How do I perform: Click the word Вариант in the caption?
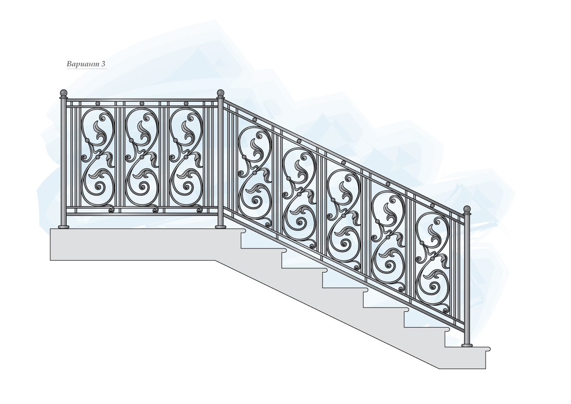[x=82, y=64]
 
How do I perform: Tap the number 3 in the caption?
[x=104, y=64]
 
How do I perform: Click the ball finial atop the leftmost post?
[x=63, y=92]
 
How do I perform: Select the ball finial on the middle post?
[x=221, y=92]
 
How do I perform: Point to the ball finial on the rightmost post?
[x=466, y=209]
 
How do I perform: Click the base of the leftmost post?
[x=63, y=226]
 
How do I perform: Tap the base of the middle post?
[x=221, y=226]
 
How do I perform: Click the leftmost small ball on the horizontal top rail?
[x=98, y=103]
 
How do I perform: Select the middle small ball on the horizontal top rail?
[x=142, y=103]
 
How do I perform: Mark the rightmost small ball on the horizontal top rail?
[x=186, y=103]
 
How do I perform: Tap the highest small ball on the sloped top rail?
[x=255, y=120]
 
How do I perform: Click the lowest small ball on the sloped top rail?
[x=432, y=205]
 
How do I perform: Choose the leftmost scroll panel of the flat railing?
[x=98, y=158]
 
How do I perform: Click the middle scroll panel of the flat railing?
[x=142, y=158]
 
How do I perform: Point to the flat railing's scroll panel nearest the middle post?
[x=186, y=158]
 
